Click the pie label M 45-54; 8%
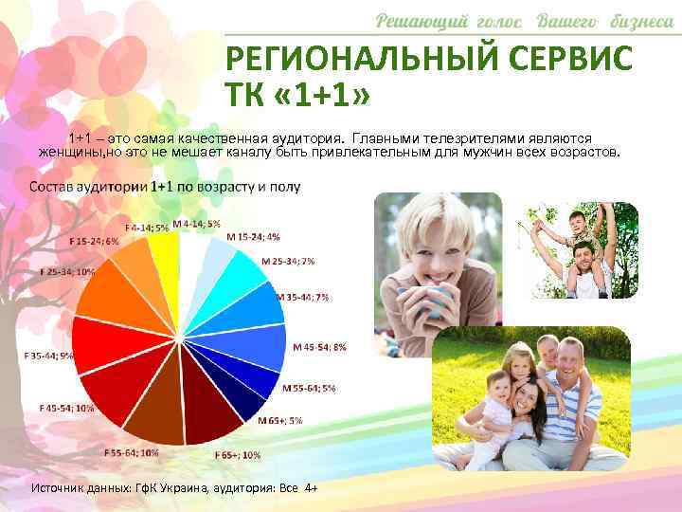[x=319, y=347]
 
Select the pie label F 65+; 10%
[x=237, y=455]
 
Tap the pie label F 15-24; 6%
[x=99, y=241]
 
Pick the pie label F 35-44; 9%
[x=48, y=356]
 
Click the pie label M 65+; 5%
[x=280, y=420]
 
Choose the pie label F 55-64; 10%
[x=132, y=453]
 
